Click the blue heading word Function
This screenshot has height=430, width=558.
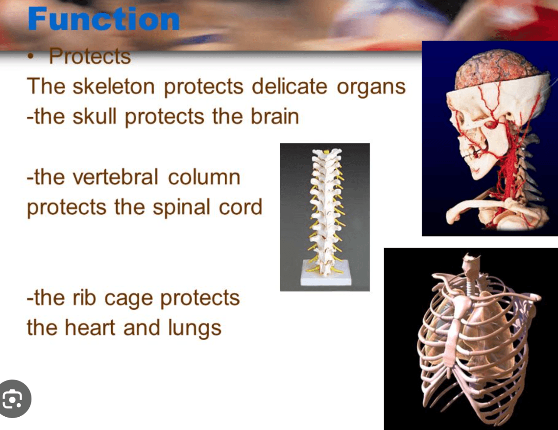pos(104,19)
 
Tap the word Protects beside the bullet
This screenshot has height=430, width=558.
pos(90,56)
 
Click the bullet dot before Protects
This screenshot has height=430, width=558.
pos(32,56)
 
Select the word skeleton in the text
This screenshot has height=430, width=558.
pos(114,86)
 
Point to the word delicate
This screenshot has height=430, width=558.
pos(290,86)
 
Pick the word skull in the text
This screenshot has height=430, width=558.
pos(94,116)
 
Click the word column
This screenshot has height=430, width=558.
pos(204,177)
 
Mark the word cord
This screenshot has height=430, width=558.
pos(240,207)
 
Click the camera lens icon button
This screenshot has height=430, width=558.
pos(14,399)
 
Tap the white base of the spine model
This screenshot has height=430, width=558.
pos(326,273)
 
